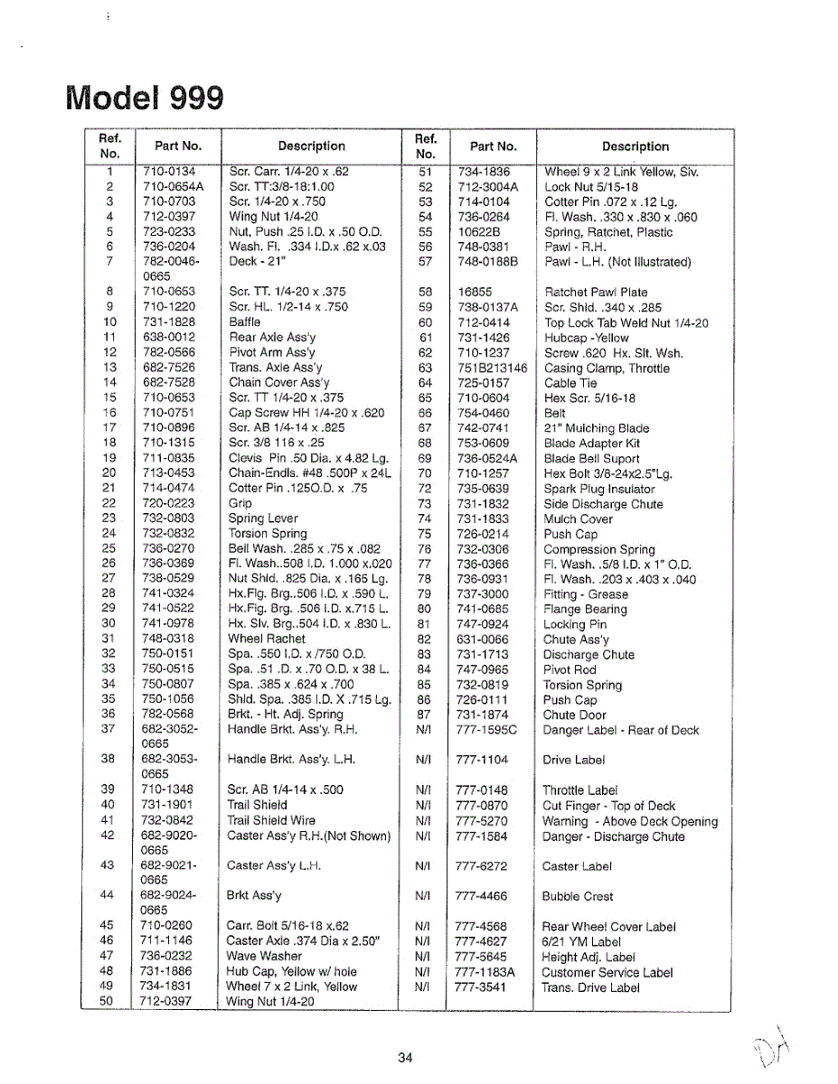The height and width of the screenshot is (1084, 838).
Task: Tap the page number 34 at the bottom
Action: (x=405, y=1058)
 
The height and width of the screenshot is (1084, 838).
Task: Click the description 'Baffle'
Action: (x=244, y=322)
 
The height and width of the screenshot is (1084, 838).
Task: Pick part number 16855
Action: (x=475, y=292)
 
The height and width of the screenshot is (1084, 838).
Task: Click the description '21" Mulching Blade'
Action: (x=597, y=428)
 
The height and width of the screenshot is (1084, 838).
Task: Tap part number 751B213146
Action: (x=492, y=369)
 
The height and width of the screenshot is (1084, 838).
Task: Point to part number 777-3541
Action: (x=482, y=987)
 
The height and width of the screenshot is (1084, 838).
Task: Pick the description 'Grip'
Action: (x=240, y=504)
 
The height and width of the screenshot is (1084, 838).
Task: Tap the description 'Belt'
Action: (x=555, y=413)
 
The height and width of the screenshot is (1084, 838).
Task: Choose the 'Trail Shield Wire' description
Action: (x=271, y=821)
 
